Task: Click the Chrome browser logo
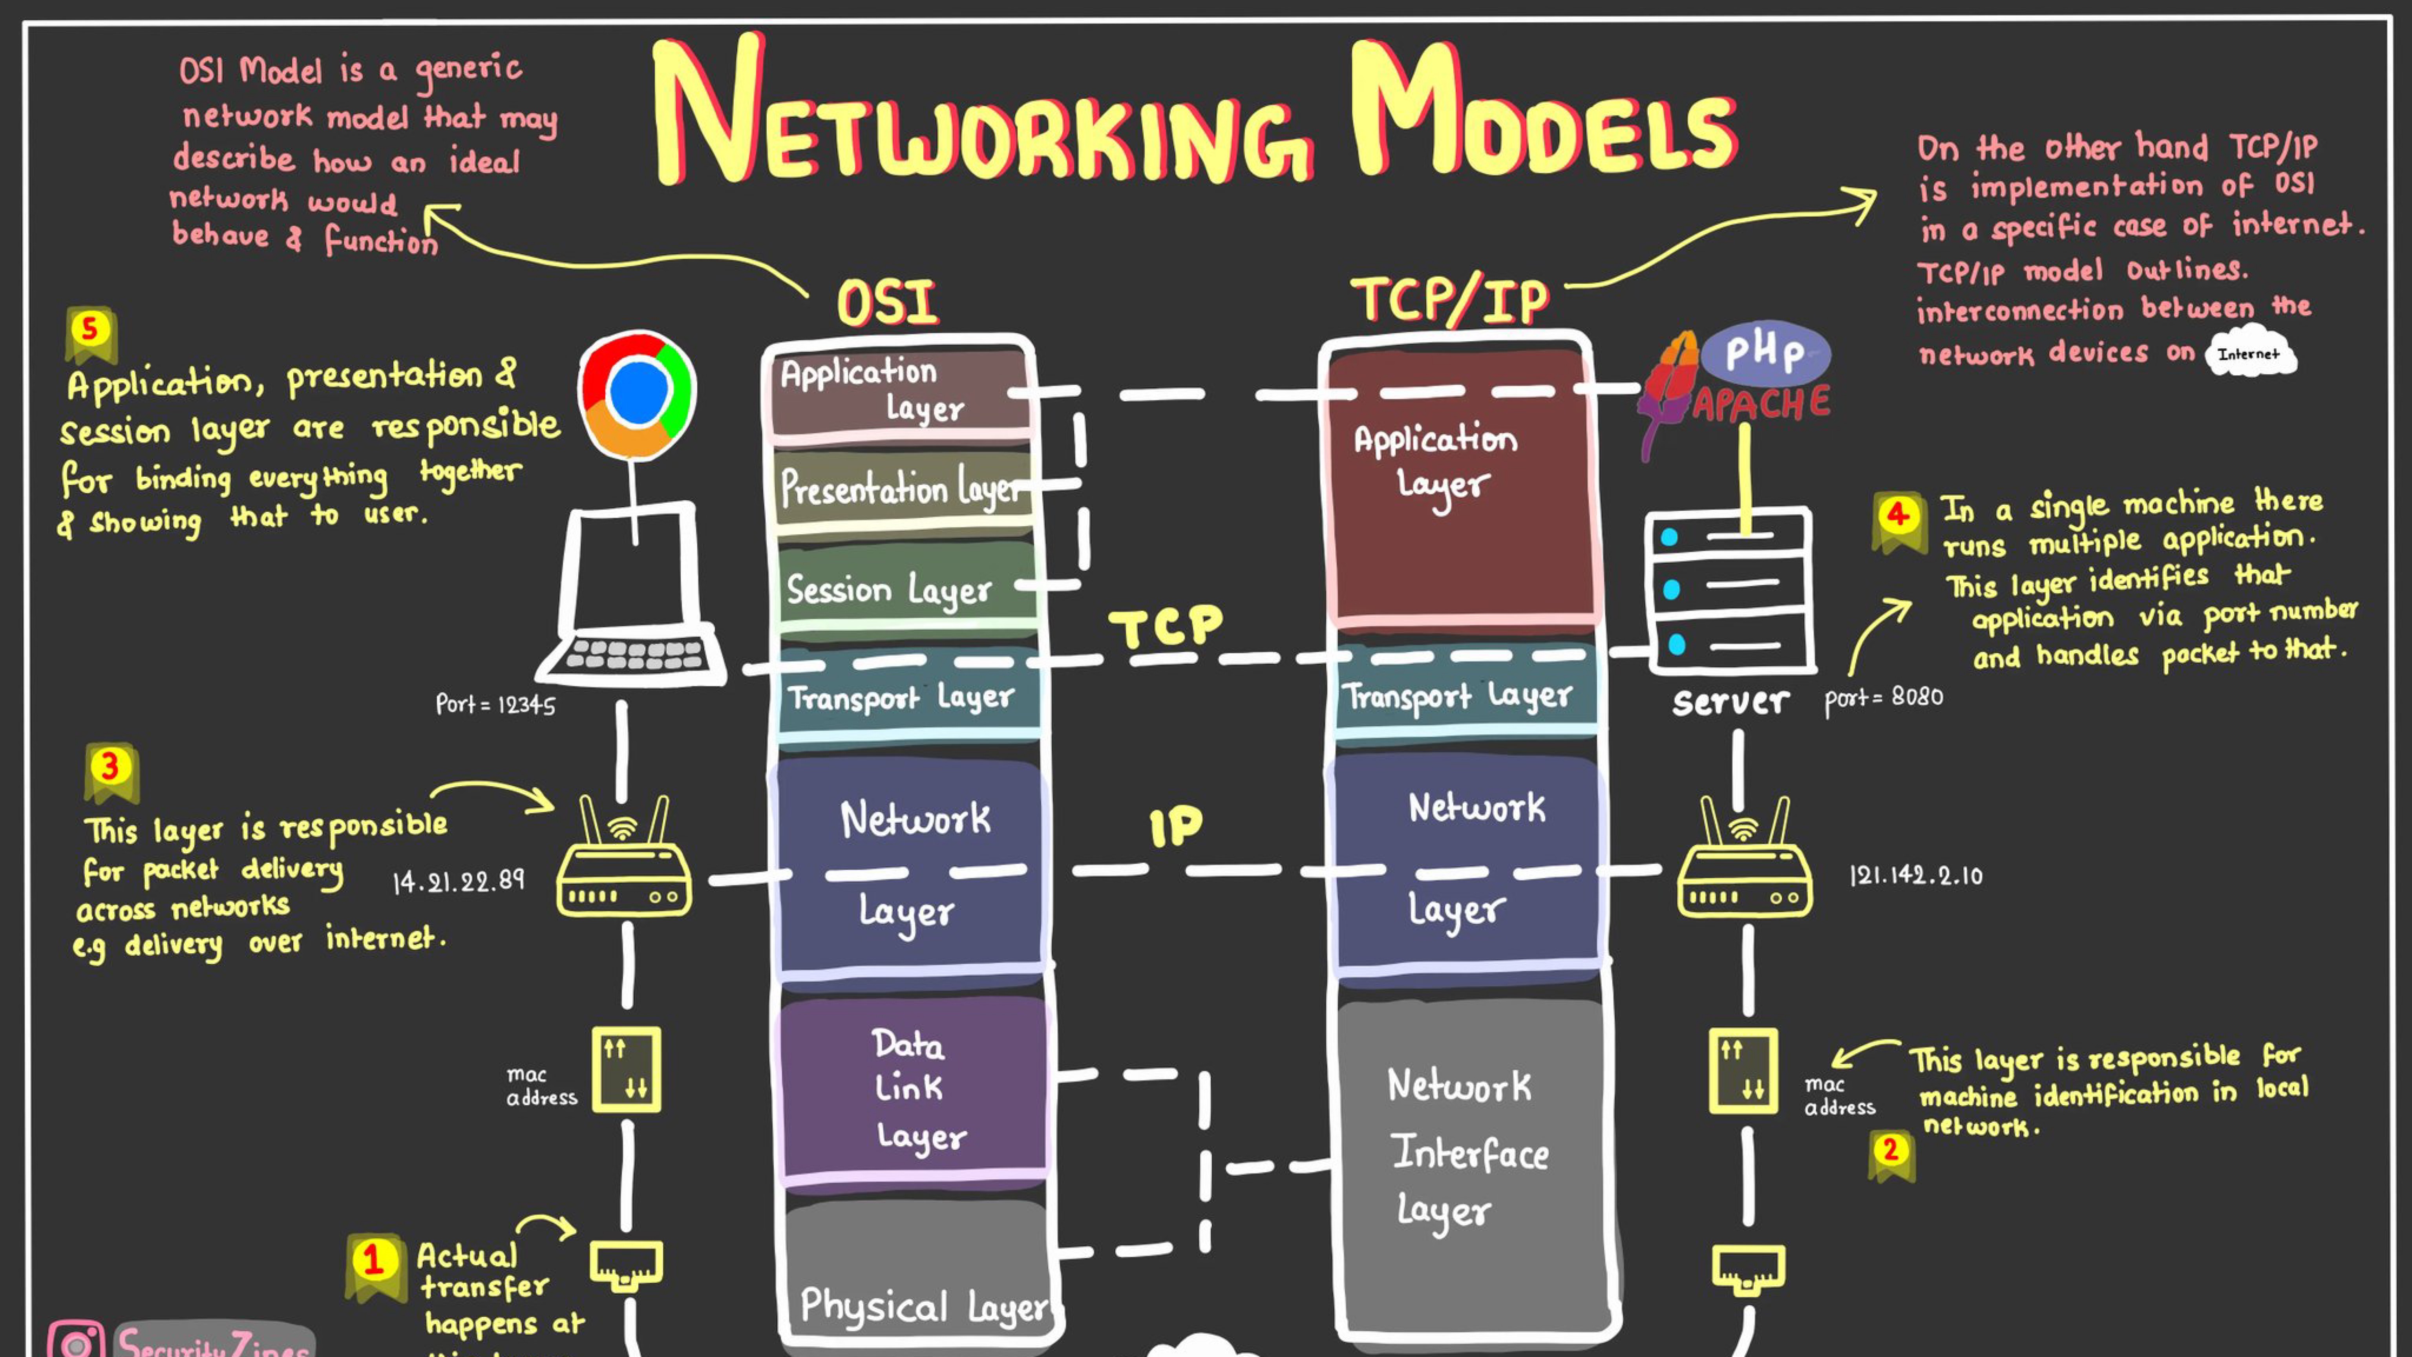[x=637, y=393]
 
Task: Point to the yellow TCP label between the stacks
[x=1166, y=625]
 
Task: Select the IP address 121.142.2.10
[x=1915, y=876]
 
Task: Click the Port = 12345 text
[x=495, y=704]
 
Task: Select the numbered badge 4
[x=1897, y=515]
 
